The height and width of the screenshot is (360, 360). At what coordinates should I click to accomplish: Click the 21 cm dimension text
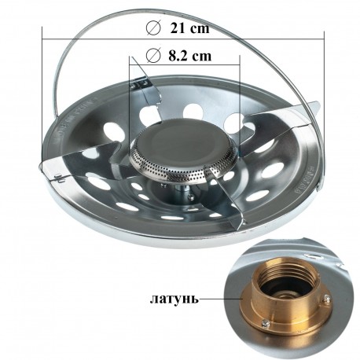pyautogui.click(x=189, y=28)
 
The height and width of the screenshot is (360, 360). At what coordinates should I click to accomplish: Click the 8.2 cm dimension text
pyautogui.click(x=189, y=55)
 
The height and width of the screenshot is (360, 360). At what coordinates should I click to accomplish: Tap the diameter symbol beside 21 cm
pyautogui.click(x=153, y=28)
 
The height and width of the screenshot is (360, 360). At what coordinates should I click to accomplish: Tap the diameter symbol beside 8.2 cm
pyautogui.click(x=153, y=56)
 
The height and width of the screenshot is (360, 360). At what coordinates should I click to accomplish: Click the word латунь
pyautogui.click(x=174, y=299)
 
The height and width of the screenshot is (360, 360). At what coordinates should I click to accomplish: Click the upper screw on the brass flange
pyautogui.click(x=326, y=298)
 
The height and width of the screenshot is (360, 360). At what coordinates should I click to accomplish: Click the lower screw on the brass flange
pyautogui.click(x=266, y=324)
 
